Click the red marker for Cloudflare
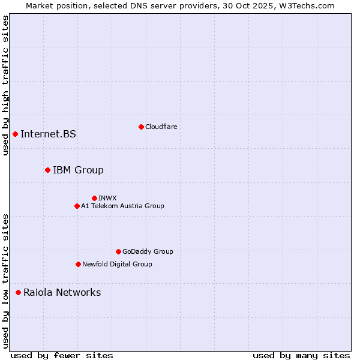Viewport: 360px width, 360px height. coord(141,127)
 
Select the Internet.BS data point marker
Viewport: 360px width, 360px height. coord(15,134)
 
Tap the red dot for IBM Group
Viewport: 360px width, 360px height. coord(47,170)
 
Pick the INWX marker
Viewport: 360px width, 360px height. coord(94,198)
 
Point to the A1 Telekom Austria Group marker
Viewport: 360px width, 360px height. coord(77,206)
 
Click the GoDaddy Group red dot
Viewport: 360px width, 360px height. coord(118,252)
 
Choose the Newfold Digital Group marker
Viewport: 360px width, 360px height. coord(78,265)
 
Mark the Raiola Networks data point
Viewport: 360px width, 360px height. coord(18,293)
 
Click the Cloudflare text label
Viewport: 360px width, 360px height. coord(161,127)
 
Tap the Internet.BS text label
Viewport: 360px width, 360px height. coord(48,134)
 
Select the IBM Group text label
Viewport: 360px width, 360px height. coord(78,170)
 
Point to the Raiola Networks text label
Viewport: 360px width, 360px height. coord(62,293)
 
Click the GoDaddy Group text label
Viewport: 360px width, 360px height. coord(148,252)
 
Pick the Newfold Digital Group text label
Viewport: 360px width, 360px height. coord(117,265)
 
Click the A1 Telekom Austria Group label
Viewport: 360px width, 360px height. coord(122,206)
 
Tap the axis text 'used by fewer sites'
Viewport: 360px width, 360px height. coord(62,355)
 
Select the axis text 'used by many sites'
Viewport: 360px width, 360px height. coord(301,355)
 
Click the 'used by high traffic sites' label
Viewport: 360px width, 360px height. coord(5,86)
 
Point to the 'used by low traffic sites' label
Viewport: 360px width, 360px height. coord(5,281)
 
